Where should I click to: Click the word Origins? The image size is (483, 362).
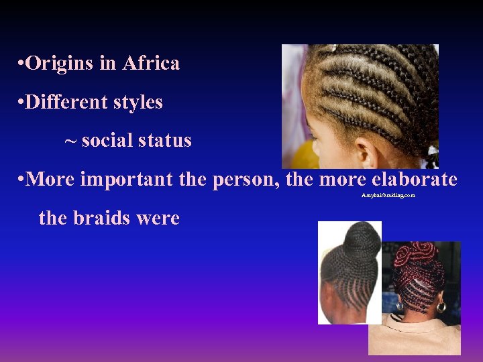pyautogui.click(x=60, y=64)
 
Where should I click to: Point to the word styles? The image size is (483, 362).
pyautogui.click(x=138, y=103)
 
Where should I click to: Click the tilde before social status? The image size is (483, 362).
pyautogui.click(x=70, y=141)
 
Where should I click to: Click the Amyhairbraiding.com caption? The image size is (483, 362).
pyautogui.click(x=388, y=195)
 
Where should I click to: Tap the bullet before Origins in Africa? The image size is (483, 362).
pyautogui.click(x=22, y=64)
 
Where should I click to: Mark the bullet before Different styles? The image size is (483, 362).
pyautogui.click(x=22, y=103)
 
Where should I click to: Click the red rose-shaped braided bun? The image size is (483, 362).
pyautogui.click(x=416, y=254)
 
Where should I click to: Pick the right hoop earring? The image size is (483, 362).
pyautogui.click(x=441, y=306)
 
